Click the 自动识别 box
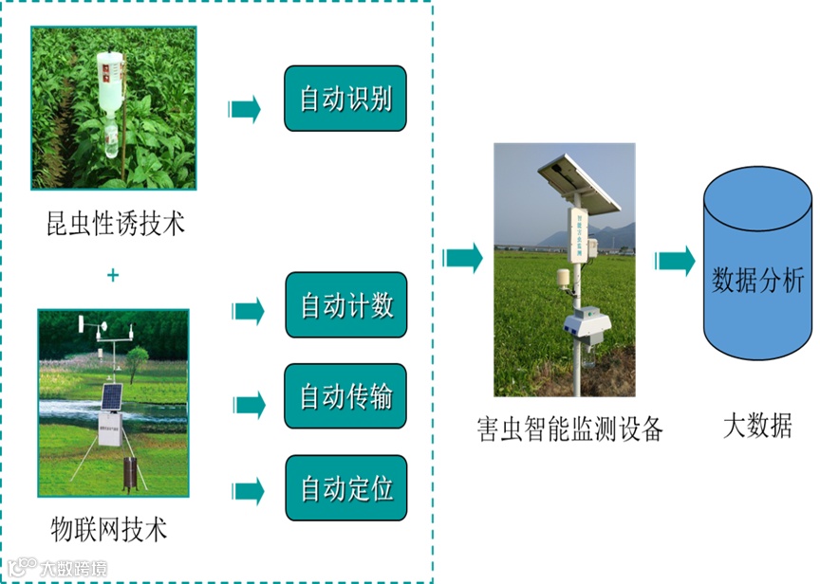click(345, 99)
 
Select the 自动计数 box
click(345, 305)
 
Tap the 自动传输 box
click(345, 396)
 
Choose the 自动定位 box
click(345, 488)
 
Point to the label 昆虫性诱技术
click(116, 224)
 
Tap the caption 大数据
click(756, 425)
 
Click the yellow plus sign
click(113, 275)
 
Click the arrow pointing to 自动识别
click(245, 109)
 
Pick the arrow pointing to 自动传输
click(249, 405)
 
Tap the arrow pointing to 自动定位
click(248, 491)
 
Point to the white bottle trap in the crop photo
click(110, 82)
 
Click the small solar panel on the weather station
click(112, 396)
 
